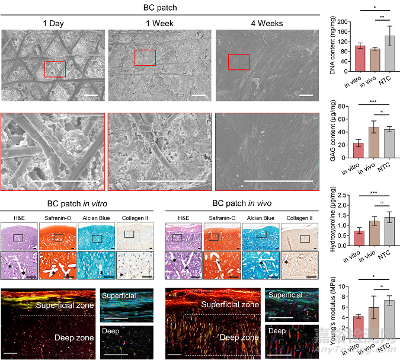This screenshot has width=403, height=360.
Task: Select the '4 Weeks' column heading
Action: (x=267, y=24)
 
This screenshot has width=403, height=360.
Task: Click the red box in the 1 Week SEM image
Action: (x=145, y=58)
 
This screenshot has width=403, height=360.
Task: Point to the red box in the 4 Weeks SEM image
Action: (x=239, y=62)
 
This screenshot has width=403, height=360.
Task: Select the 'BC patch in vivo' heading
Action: (x=243, y=202)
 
